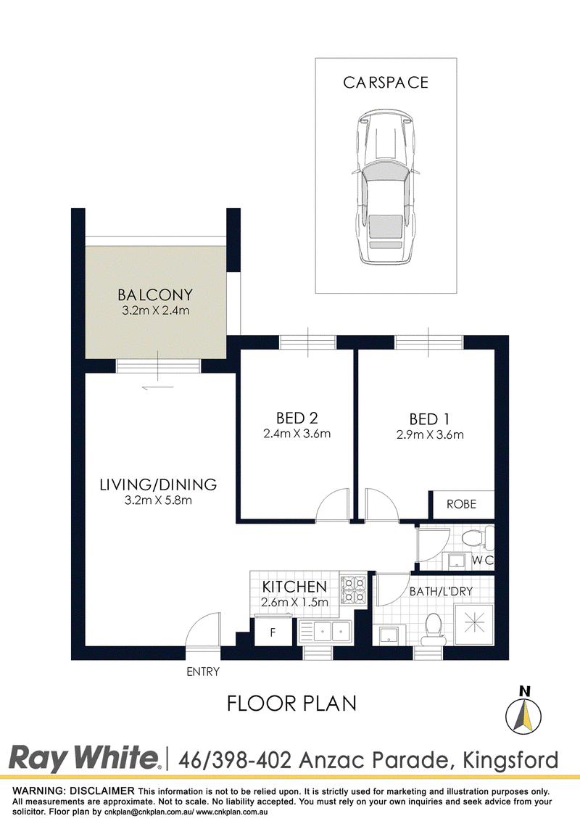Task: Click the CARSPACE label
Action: (x=386, y=83)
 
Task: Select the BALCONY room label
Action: (x=155, y=294)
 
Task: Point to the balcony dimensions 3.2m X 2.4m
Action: (x=155, y=310)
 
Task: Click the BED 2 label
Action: (x=297, y=418)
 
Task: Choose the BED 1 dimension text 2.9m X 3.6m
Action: (x=430, y=434)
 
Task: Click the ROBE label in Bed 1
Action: (x=461, y=504)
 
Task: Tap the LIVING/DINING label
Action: (x=158, y=484)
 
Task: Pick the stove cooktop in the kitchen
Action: (x=353, y=590)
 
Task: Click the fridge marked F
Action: (x=272, y=632)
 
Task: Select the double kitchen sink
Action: (x=325, y=632)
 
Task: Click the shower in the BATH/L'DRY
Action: (x=473, y=624)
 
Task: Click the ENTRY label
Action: (x=203, y=672)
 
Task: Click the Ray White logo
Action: (x=84, y=758)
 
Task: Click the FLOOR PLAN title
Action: (x=291, y=704)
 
